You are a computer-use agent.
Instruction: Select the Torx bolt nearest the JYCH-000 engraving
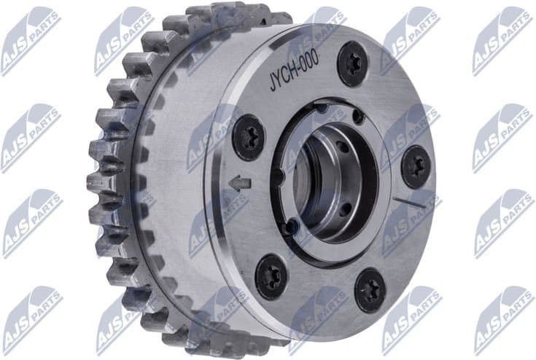[x=352, y=63]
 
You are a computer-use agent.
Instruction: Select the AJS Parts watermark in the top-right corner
[x=502, y=40]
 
